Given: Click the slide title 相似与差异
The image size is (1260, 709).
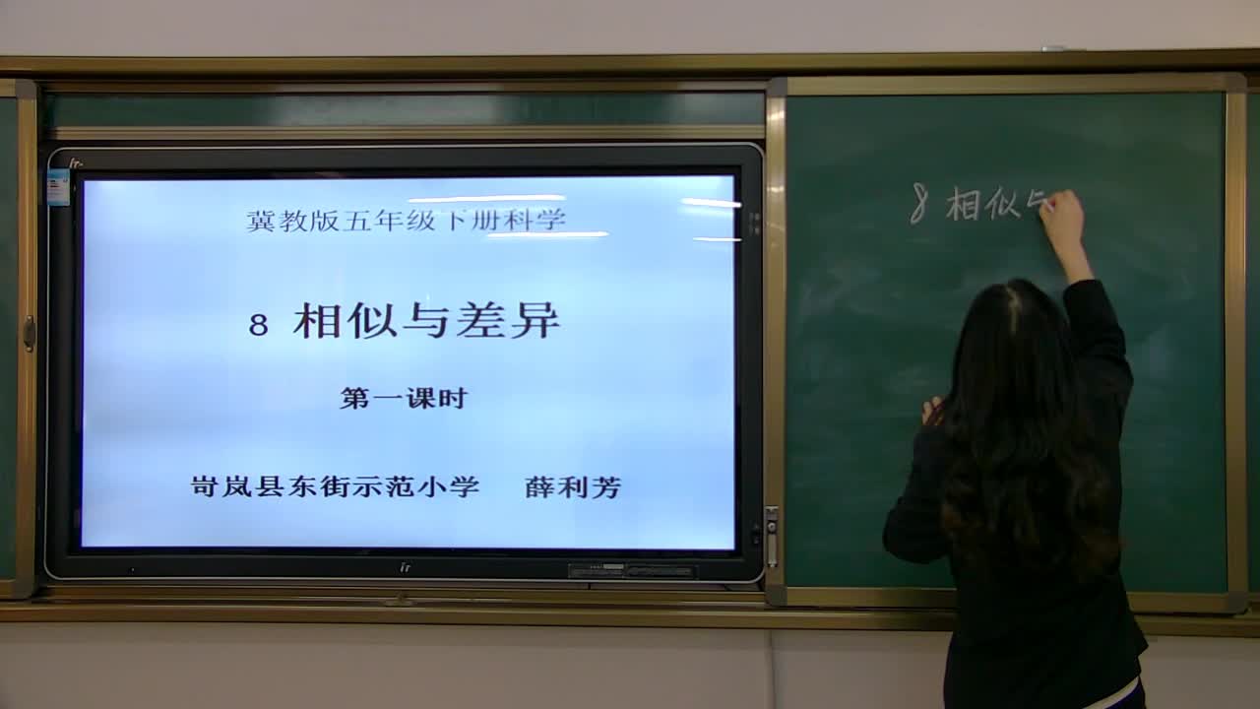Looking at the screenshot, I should [x=425, y=321].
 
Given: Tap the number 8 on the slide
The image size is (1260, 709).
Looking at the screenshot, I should [x=259, y=325].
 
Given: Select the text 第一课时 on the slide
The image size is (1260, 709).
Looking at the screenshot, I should [x=404, y=399].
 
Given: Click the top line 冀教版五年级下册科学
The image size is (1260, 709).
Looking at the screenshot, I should [x=406, y=221].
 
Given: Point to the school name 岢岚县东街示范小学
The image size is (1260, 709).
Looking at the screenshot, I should [x=335, y=486].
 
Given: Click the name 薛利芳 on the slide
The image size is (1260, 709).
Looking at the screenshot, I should [x=573, y=486].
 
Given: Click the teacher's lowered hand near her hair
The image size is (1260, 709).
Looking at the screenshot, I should [x=930, y=410].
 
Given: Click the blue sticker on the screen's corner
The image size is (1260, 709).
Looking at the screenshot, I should [x=58, y=187].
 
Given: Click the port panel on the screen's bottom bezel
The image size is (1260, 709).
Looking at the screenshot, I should [x=631, y=571].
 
